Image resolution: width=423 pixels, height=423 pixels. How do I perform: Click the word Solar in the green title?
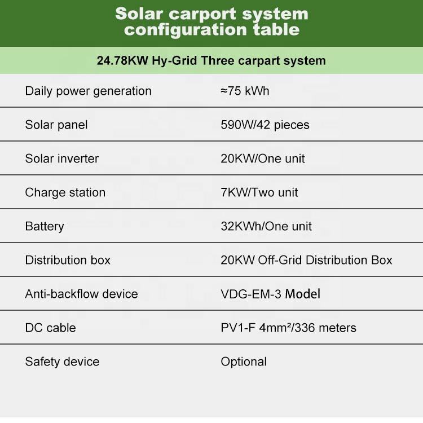point(139,14)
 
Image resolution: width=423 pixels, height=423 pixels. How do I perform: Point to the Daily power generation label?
point(88,91)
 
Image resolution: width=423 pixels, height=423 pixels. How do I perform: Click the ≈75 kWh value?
point(245,91)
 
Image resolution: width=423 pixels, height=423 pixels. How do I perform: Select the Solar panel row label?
point(56,125)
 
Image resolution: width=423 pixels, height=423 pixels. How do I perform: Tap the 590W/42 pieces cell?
point(265,125)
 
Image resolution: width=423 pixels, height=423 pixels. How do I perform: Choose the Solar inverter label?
point(62,158)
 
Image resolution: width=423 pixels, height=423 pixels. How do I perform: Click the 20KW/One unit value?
point(262,158)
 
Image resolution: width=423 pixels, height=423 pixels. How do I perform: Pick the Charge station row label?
point(65,193)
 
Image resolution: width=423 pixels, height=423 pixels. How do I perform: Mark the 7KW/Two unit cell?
point(259,193)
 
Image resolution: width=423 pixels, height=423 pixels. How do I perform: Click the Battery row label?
point(45,227)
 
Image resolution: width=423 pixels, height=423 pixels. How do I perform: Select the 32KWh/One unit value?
point(266,226)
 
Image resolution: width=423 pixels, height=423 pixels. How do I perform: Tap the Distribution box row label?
point(68,260)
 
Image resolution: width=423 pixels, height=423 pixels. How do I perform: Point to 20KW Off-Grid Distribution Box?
point(306,260)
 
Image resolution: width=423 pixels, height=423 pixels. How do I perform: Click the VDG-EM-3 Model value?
point(270,294)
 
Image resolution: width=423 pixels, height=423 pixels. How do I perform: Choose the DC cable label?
point(50,328)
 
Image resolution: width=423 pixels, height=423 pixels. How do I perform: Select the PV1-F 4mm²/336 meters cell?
point(288,328)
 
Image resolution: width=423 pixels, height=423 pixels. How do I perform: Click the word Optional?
point(244,362)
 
